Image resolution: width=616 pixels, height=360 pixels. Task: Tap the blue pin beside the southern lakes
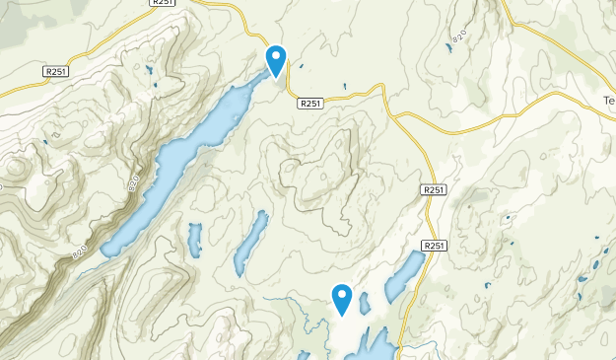(x=342, y=298)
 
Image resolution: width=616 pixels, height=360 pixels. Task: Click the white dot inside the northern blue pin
(x=276, y=55)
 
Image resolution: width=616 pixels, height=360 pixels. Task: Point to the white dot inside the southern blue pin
(x=342, y=294)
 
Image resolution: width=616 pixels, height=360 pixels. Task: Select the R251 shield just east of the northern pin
(x=309, y=103)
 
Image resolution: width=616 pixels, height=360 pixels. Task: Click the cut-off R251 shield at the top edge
(x=164, y=3)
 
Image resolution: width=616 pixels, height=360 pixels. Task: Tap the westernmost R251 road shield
(x=57, y=72)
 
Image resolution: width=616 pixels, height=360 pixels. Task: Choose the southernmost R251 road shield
(x=434, y=246)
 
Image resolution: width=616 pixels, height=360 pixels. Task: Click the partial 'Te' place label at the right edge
(x=608, y=101)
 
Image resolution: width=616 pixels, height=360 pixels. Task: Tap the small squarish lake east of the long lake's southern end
(x=194, y=237)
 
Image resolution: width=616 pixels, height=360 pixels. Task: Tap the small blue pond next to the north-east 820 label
(x=447, y=46)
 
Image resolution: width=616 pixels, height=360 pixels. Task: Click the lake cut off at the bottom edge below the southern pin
(x=371, y=345)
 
